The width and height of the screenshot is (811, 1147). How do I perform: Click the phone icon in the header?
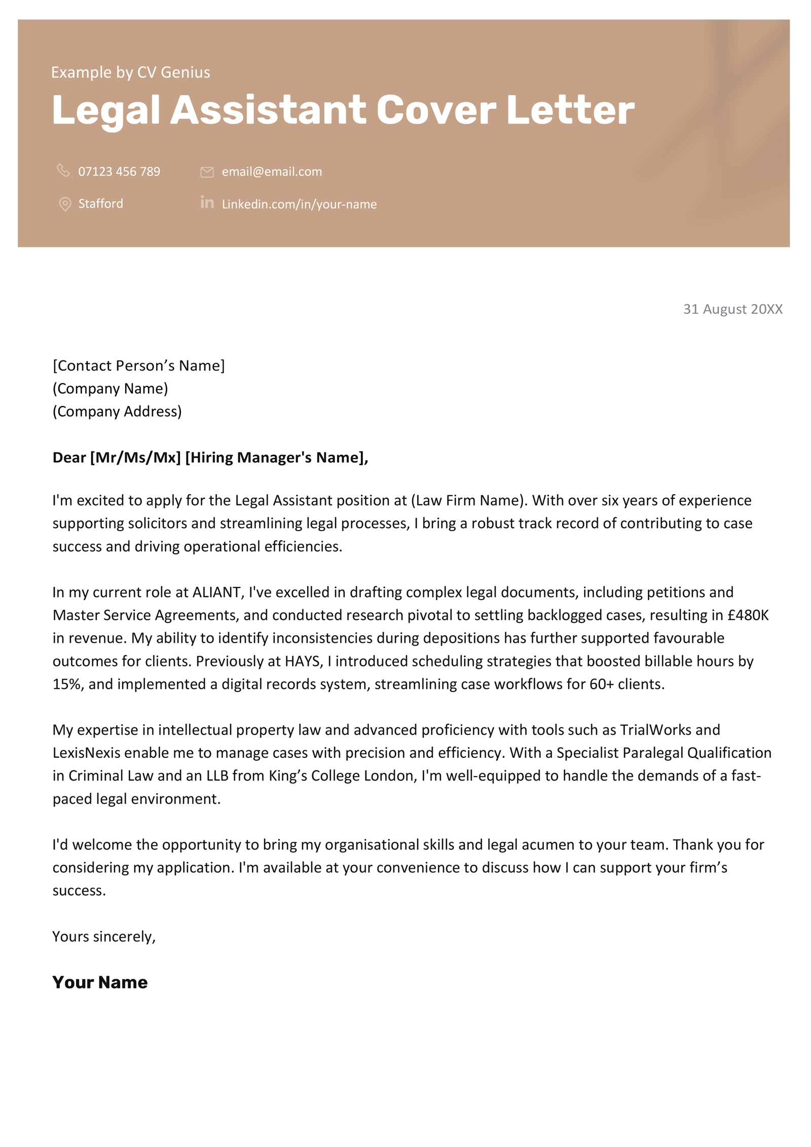coord(63,170)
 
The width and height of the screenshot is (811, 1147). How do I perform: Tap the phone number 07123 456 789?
coord(119,172)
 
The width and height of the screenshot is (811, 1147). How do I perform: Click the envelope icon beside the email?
coord(207,172)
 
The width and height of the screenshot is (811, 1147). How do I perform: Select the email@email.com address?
coord(272,172)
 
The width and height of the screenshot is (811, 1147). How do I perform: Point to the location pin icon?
coord(65,204)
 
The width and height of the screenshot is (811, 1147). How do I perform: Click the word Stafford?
coord(100,204)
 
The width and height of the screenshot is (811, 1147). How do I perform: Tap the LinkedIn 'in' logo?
coord(207,203)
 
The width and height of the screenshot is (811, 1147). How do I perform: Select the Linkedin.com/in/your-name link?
coord(299,204)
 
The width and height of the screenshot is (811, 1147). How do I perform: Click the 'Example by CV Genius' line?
coord(130,72)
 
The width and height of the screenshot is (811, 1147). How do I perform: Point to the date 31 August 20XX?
coord(732,309)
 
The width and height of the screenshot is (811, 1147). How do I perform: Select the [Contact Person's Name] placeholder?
coord(138,365)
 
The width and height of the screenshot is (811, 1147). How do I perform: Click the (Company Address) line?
coord(117,411)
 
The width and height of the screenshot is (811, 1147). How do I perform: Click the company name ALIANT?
coord(216,592)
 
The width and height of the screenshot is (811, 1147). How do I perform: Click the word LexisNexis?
coord(86,753)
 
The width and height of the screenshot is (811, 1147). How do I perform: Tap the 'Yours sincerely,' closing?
coord(104,936)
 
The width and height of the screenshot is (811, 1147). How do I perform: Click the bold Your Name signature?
coord(100,982)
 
